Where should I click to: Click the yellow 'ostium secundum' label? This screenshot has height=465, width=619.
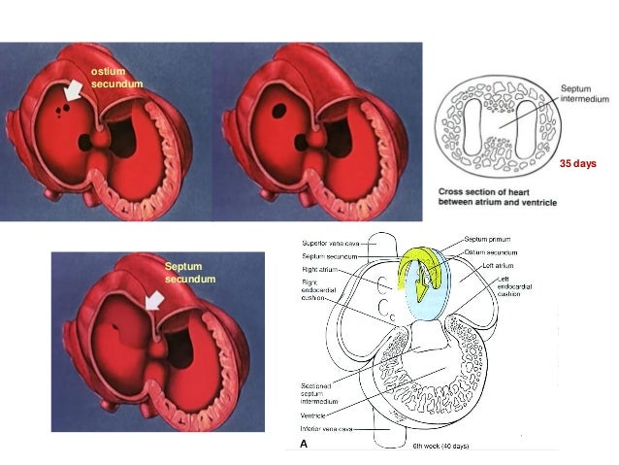click(x=115, y=78)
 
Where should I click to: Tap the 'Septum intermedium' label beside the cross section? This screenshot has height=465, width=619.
click(x=586, y=93)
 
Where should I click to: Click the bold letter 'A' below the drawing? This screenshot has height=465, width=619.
click(x=304, y=442)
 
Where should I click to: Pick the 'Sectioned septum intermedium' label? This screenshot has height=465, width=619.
click(x=313, y=392)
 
